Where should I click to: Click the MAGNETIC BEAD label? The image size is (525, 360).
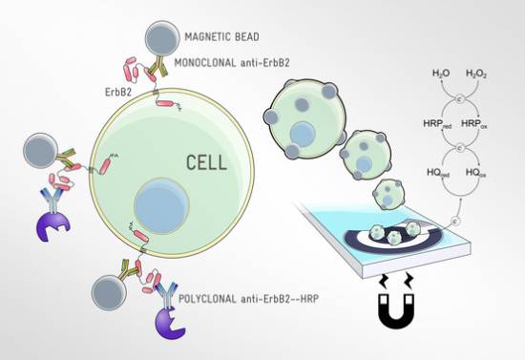222,36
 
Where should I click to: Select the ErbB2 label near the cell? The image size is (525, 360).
118,93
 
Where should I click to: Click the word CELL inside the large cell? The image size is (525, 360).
206,162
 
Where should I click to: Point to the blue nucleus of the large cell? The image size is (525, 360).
161,205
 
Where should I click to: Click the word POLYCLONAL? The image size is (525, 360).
207,299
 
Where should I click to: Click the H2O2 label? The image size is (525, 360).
476,74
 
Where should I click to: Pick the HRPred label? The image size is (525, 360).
437,124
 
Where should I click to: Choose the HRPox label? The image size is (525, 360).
474,124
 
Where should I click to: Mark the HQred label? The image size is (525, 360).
438,173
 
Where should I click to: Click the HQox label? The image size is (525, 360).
475,173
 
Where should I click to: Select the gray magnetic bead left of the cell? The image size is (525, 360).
41,151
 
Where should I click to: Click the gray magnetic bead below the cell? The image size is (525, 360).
109,293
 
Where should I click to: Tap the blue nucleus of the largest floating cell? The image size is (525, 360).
303,134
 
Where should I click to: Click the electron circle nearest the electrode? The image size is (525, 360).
456,221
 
